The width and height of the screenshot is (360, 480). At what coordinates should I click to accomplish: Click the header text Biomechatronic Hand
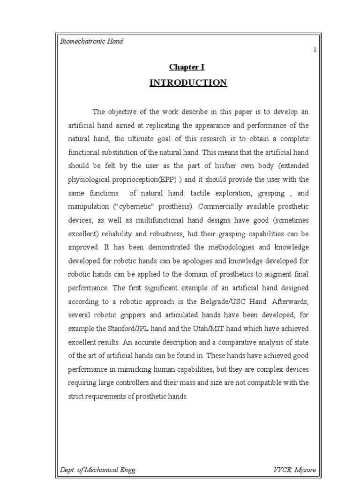(91, 41)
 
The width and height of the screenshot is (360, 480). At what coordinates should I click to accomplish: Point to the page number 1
(315, 50)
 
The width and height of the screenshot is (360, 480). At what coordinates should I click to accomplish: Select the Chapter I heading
(187, 67)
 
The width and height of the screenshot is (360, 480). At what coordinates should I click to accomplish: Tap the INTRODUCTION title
(188, 83)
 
